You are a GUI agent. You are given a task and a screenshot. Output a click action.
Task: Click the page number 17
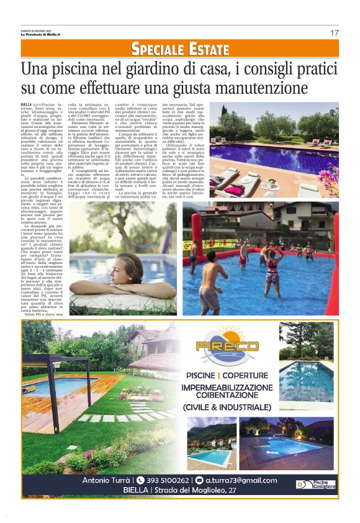334,32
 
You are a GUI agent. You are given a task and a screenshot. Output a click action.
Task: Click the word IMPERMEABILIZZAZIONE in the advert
225,387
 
